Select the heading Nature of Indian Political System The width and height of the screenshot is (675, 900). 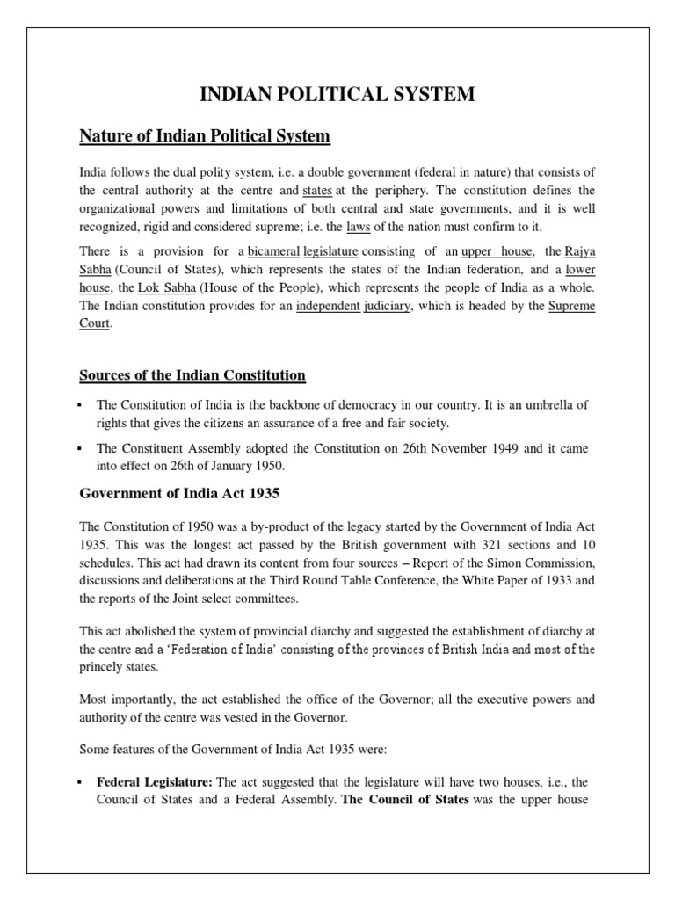pyautogui.click(x=205, y=136)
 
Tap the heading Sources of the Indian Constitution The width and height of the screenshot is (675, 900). pyautogui.click(x=192, y=375)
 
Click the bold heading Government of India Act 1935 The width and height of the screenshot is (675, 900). pyautogui.click(x=179, y=494)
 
